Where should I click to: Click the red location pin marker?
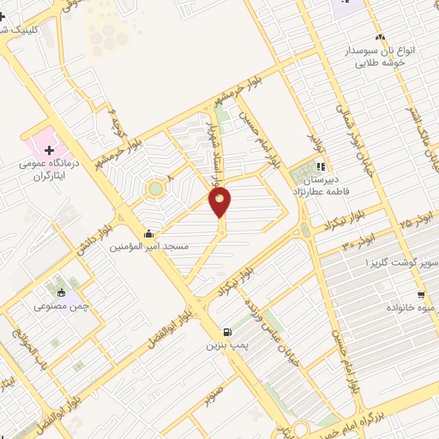[220, 201]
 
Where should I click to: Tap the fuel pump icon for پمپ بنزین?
[226, 333]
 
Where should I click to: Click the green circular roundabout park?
[155, 188]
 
